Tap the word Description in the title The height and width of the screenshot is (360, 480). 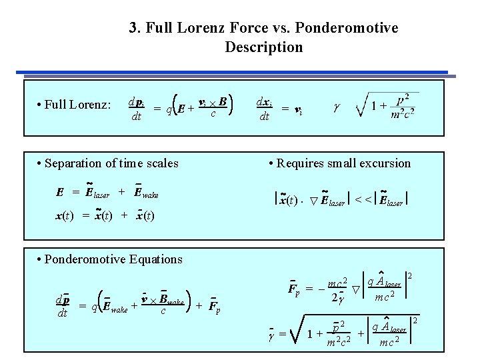click(x=264, y=47)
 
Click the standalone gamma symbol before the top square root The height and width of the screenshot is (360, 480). click(x=336, y=107)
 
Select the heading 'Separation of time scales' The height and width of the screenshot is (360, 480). click(x=108, y=163)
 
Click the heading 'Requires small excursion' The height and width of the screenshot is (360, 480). click(x=339, y=163)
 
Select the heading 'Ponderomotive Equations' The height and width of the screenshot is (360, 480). click(x=111, y=259)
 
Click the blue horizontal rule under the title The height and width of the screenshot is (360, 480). click(x=240, y=71)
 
